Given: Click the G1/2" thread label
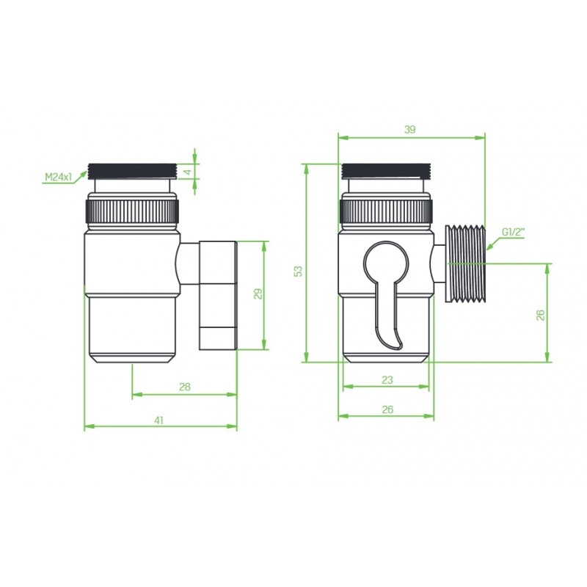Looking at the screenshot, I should click(x=514, y=233).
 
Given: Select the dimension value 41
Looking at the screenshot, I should click(x=158, y=420).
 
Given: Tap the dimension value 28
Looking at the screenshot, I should click(x=184, y=387).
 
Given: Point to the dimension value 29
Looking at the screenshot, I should click(x=258, y=294).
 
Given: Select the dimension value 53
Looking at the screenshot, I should click(x=297, y=271).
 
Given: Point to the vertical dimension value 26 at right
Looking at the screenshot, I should click(x=540, y=314).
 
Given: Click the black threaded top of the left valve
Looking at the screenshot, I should click(x=132, y=171).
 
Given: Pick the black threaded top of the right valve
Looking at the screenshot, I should click(x=387, y=169).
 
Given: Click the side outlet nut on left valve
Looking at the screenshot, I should click(x=218, y=293).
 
